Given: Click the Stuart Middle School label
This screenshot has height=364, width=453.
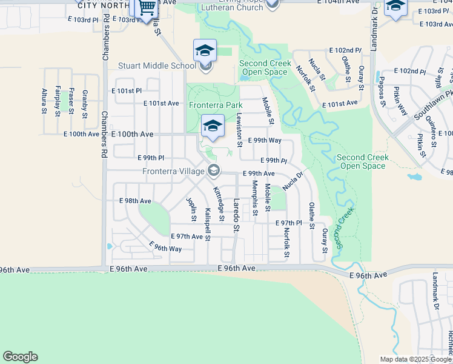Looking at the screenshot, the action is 157,66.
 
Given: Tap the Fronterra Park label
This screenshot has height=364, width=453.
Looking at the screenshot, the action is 216,105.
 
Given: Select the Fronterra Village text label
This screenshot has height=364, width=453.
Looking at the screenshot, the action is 173,171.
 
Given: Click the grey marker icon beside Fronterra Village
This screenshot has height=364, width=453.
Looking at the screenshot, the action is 213,171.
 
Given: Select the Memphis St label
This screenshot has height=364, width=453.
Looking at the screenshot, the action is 255,196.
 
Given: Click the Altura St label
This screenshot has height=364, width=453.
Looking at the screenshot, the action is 44,101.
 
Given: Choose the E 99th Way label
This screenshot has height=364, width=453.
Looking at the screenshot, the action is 265,140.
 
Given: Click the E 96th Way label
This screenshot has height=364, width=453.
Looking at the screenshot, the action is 166,248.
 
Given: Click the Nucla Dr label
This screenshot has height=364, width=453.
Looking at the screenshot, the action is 292,180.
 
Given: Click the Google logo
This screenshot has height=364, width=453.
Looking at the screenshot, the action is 20,357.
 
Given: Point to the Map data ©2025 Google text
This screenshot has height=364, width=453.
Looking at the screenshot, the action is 415,359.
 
